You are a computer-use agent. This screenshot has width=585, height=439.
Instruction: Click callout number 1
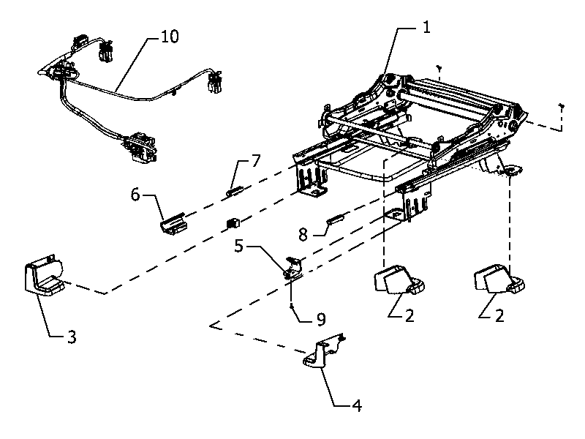426,27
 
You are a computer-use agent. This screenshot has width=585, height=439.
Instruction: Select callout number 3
72,337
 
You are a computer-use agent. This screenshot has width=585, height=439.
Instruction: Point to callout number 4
357,405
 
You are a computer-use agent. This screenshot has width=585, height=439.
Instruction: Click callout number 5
239,246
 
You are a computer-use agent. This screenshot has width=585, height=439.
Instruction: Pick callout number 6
135,194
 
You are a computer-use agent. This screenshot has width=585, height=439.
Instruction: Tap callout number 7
255,160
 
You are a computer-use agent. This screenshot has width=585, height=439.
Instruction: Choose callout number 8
303,235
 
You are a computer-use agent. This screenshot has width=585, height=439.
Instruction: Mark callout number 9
321,319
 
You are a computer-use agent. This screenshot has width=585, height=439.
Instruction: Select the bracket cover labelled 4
323,351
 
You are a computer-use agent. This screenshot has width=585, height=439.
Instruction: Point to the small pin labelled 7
235,191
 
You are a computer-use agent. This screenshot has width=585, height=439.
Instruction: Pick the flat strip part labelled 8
337,218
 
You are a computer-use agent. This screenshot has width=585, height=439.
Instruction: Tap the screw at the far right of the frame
561,107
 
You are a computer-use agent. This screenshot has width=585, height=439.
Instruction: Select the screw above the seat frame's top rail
440,68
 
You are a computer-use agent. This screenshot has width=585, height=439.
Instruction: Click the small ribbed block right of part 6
233,222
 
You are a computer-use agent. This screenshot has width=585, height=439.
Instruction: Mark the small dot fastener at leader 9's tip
291,307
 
